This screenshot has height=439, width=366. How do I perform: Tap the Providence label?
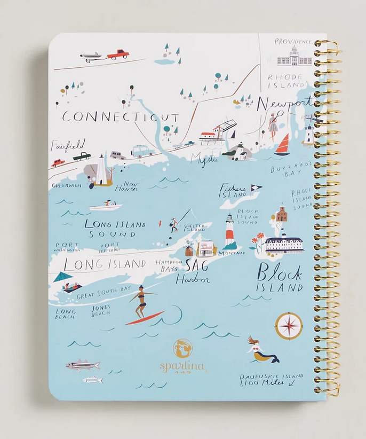click(292, 41)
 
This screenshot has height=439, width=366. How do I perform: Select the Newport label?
click(284, 103)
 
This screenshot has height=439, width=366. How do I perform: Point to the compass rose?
click(289, 326)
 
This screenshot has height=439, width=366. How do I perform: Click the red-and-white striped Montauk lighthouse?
click(229, 230)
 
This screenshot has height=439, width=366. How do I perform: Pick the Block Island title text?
click(280, 278)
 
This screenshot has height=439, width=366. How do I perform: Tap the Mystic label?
click(205, 159)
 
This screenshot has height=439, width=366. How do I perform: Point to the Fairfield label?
click(67, 145)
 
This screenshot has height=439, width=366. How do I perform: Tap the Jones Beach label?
click(100, 311)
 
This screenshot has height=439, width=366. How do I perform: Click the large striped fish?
click(82, 365)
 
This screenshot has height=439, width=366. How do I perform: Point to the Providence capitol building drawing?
click(294, 57)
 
